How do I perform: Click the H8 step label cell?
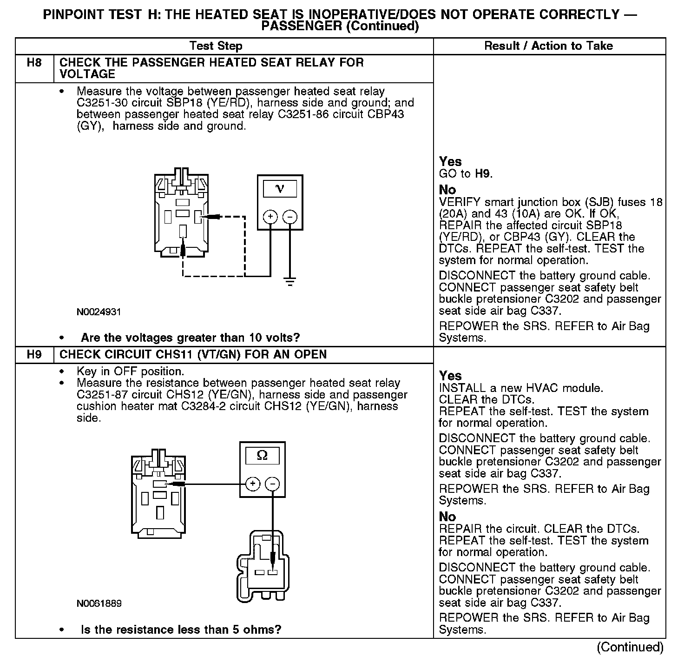34,63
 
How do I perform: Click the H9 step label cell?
34,355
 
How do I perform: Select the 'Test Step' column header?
216,46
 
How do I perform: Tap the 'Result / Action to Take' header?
548,46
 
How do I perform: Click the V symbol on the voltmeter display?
280,189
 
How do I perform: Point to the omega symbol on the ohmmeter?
262,456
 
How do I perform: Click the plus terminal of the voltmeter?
270,217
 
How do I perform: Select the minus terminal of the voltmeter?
290,217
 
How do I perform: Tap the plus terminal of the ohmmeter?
252,484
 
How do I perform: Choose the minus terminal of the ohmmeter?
272,484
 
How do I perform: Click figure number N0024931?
99,312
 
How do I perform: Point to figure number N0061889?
99,603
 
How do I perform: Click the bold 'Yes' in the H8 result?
450,162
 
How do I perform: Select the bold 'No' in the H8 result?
447,190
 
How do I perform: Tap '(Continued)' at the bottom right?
630,647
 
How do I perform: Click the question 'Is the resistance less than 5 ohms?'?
181,630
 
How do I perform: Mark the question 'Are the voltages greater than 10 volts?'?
191,338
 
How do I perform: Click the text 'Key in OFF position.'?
130,372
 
